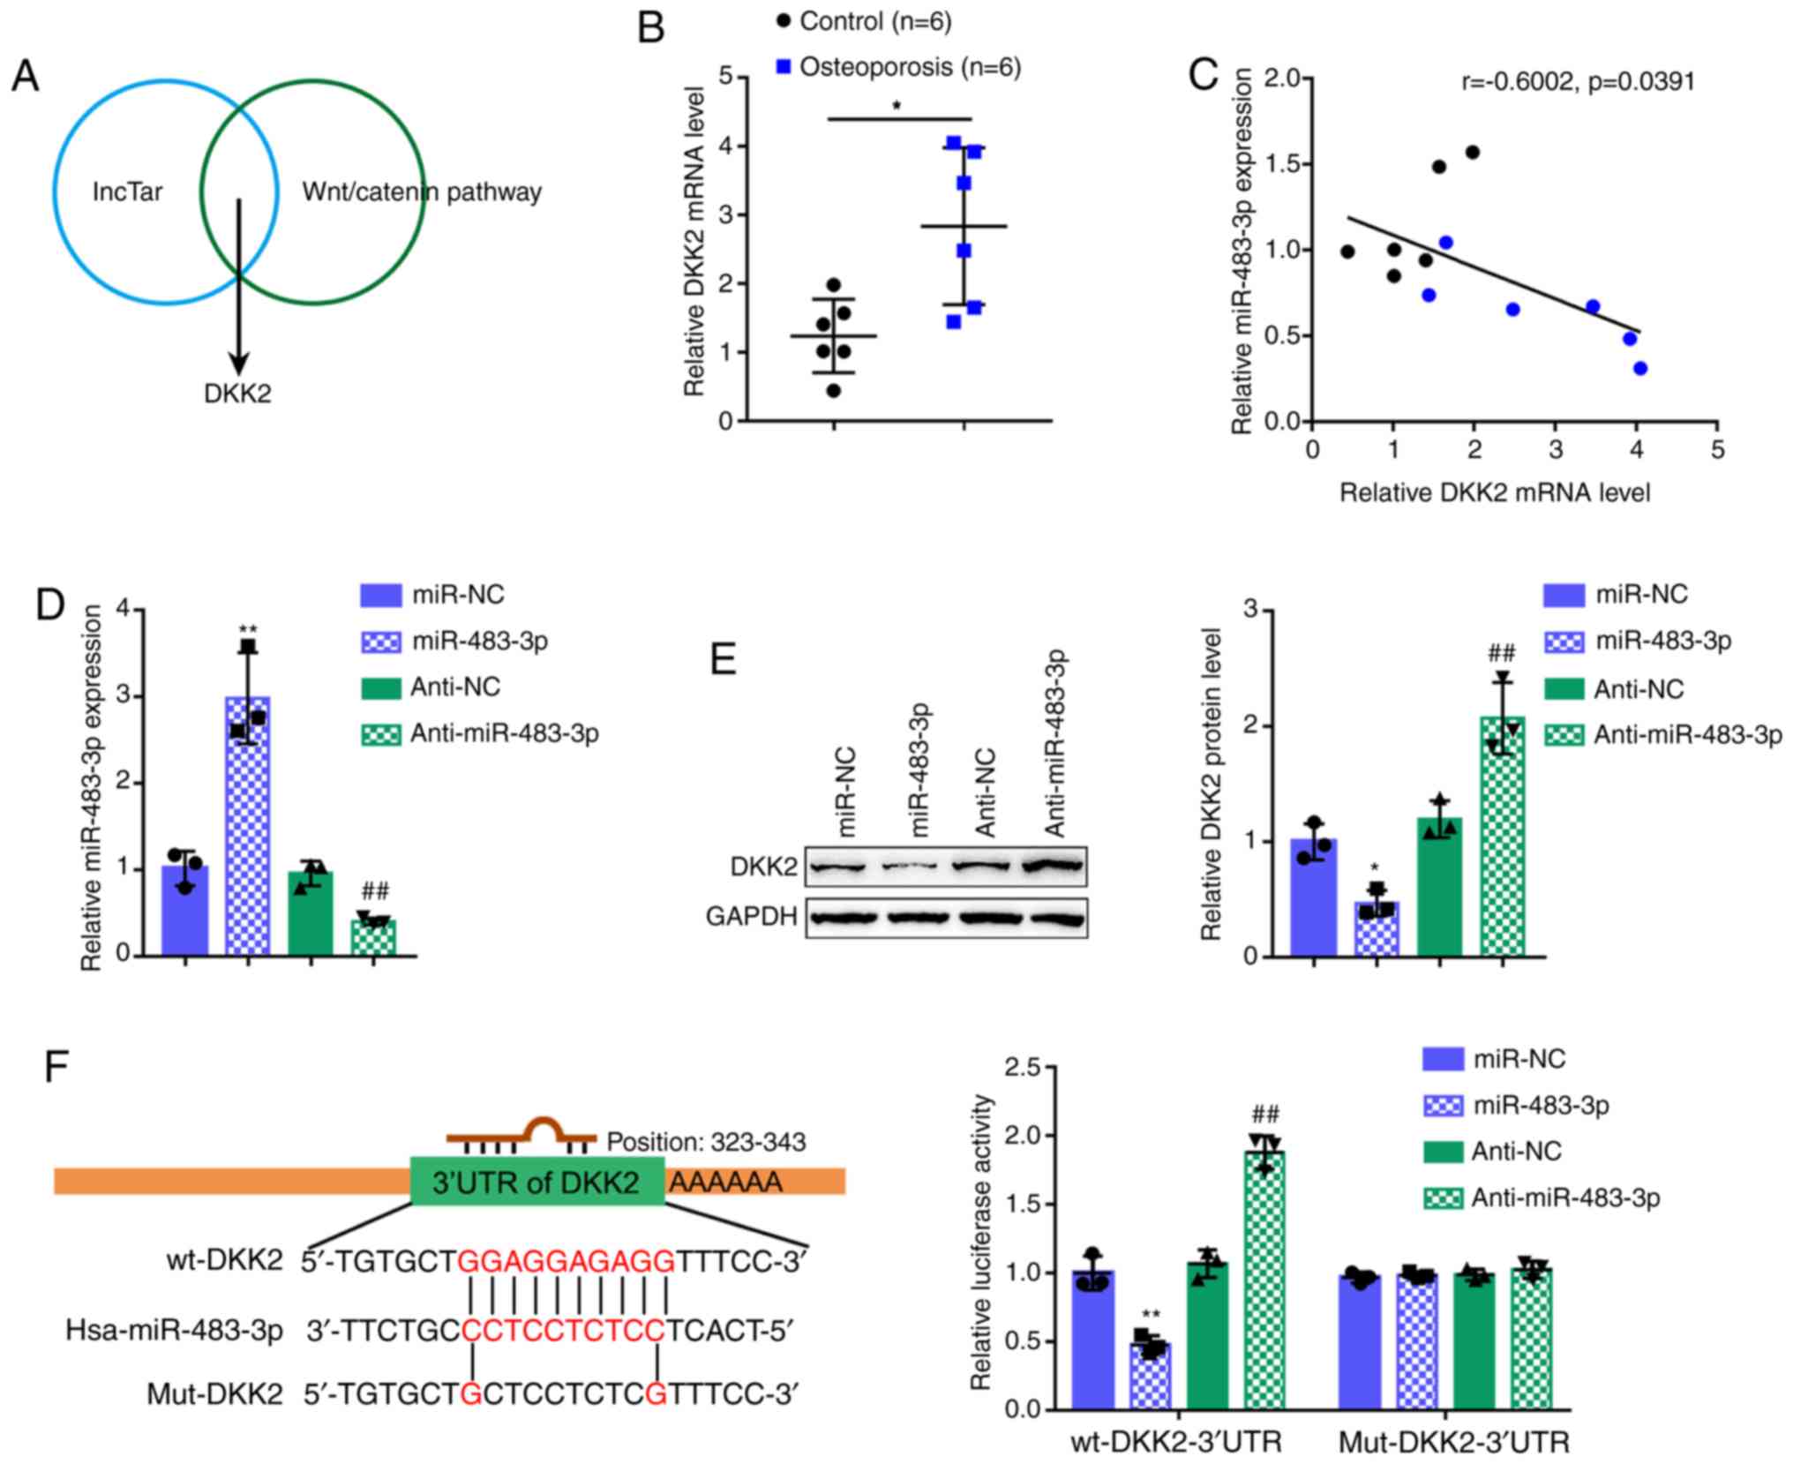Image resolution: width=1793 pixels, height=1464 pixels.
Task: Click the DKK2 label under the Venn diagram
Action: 237,394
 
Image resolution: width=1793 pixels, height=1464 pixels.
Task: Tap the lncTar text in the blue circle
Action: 127,191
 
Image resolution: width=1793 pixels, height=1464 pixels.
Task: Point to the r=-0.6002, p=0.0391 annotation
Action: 1578,82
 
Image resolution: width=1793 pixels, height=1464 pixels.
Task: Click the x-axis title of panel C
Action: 1495,492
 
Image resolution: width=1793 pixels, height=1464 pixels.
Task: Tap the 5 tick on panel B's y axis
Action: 725,77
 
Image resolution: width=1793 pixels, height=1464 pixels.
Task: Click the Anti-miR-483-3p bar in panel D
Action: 373,937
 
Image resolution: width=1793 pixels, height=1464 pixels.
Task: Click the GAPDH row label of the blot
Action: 752,917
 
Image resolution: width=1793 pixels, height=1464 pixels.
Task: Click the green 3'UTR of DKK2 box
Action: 536,1182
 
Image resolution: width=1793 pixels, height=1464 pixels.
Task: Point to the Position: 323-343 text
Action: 706,1142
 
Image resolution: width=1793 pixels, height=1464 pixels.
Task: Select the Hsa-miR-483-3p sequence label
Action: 174,1330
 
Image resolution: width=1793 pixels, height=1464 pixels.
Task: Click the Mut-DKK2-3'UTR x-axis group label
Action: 1453,1443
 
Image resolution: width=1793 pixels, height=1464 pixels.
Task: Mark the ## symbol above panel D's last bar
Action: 374,891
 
